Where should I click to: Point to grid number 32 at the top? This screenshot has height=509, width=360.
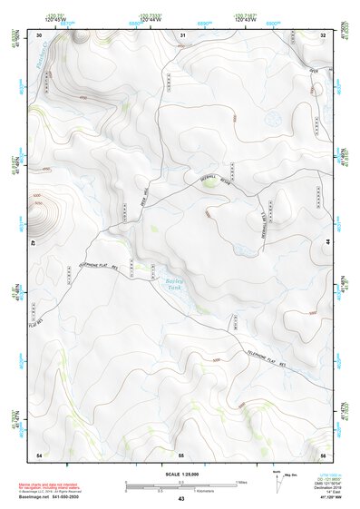coord(324,34)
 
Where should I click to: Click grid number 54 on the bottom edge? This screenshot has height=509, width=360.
coord(39,454)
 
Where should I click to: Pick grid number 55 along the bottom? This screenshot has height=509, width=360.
coord(181,454)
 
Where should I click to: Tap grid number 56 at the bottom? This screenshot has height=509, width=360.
coord(324,454)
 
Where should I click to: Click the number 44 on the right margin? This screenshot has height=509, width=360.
coord(328,244)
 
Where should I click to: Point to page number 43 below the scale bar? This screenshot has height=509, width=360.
coord(181,499)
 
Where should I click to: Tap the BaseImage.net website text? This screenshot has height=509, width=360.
coord(34,495)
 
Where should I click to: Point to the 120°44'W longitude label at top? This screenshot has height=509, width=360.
coord(151,17)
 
